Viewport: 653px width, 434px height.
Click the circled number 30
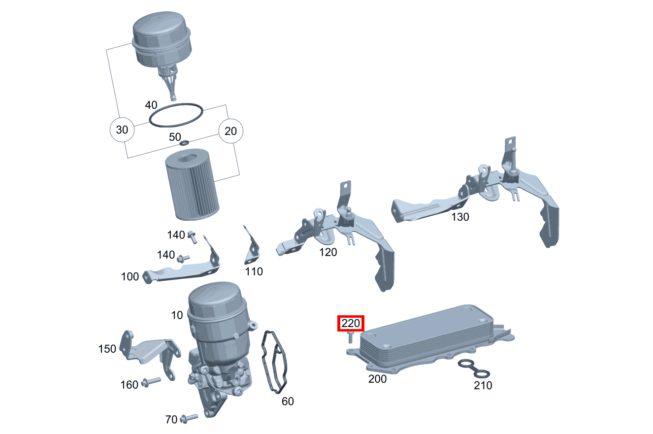122,130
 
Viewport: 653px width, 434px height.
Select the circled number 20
230,131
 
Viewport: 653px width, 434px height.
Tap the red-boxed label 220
351,324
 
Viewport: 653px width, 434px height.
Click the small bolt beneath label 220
350,337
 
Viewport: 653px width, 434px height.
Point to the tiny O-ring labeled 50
184,143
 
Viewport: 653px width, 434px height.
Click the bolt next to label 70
189,418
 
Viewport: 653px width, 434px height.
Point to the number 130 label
460,217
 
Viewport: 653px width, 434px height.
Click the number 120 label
328,252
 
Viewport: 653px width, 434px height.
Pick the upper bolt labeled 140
192,237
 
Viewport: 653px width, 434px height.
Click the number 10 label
177,315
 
